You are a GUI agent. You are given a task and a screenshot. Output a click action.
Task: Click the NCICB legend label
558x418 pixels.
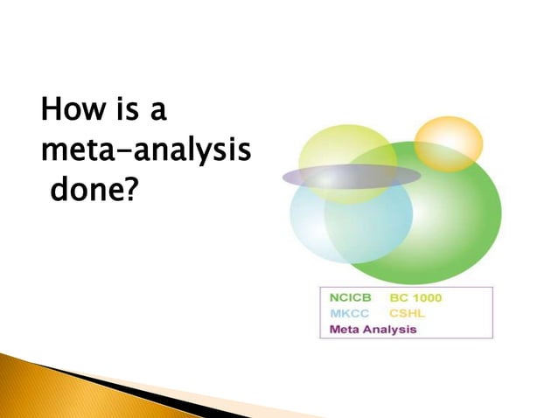352,298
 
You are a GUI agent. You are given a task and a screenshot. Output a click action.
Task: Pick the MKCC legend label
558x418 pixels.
350,314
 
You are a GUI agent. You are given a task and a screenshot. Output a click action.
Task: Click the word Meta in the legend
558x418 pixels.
344,330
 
